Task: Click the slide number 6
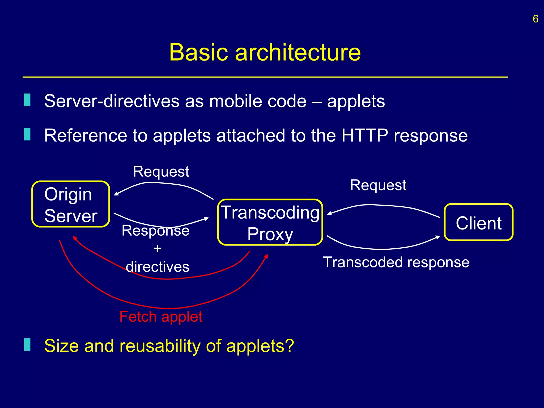[x=535, y=19]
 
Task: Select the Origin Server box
[x=71, y=204]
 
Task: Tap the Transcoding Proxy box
[x=270, y=222]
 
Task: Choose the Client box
[x=478, y=223]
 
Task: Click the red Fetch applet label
[x=161, y=317]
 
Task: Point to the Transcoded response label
[x=396, y=262]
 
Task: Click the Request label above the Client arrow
[x=378, y=185]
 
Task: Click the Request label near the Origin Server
[x=161, y=171]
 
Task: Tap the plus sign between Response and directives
[x=158, y=249]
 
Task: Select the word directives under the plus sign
[x=158, y=267]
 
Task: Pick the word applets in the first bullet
[x=356, y=101]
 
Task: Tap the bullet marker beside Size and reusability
[x=27, y=345]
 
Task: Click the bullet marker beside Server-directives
[x=27, y=100]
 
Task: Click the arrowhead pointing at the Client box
[x=438, y=237]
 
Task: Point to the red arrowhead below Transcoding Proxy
[x=266, y=256]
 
